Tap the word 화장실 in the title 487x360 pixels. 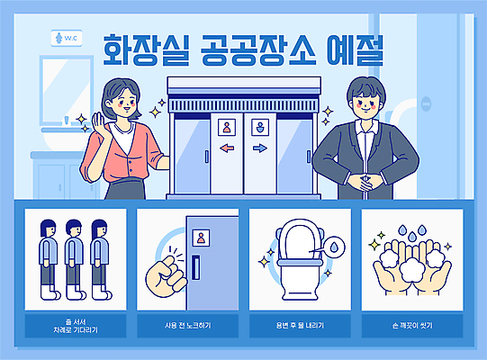coord(142,50)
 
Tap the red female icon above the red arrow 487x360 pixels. coord(227,127)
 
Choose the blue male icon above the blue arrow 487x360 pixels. coord(260,127)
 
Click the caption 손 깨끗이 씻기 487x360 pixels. coord(411,324)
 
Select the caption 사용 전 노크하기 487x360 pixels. coord(187,324)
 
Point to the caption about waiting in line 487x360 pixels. coord(75,325)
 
